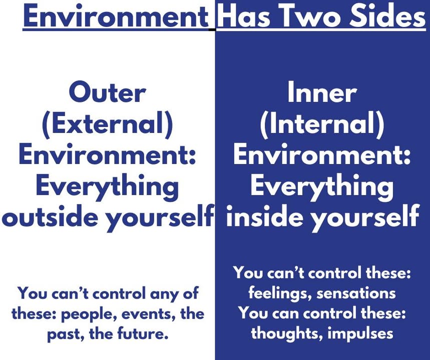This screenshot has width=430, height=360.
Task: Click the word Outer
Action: (x=107, y=92)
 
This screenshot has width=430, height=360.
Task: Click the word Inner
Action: (x=322, y=92)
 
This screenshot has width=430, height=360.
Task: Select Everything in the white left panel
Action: (x=107, y=186)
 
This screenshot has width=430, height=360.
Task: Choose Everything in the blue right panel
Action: (x=322, y=186)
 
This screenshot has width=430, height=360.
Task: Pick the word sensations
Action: (x=356, y=293)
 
